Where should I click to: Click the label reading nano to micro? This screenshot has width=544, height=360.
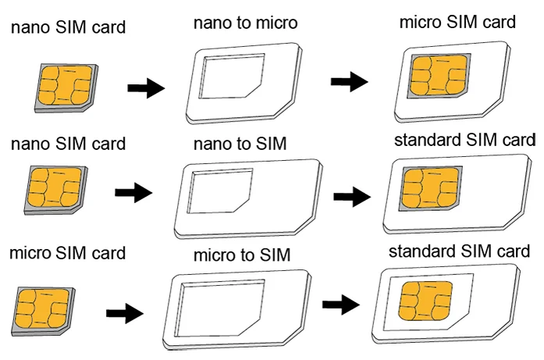[244, 23]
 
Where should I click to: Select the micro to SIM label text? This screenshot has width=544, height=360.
[242, 255]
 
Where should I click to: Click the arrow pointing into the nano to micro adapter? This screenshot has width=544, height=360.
[145, 87]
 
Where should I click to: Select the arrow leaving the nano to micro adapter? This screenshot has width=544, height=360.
[349, 82]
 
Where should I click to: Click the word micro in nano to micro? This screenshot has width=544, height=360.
[269, 23]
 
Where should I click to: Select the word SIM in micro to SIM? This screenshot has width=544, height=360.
[274, 255]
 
